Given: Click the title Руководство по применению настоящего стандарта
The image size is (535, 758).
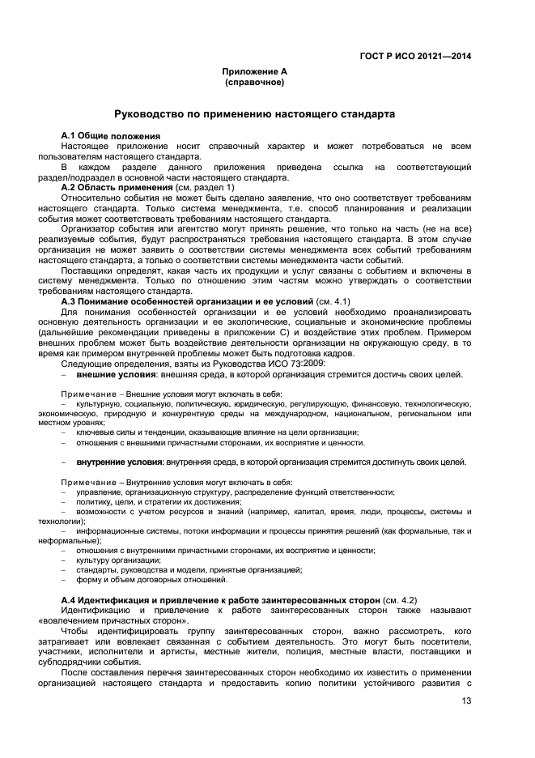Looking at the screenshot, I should coord(254,114).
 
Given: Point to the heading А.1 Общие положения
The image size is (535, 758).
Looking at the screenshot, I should coord(110,134).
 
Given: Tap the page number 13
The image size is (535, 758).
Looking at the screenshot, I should coord(466,701).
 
